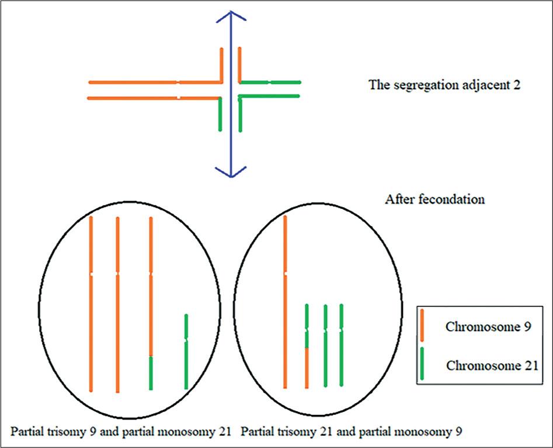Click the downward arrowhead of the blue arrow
tap(231, 172)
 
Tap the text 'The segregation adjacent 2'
tap(444, 85)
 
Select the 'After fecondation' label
tap(435, 199)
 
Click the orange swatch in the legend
tap(422, 326)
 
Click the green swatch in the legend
tap(422, 366)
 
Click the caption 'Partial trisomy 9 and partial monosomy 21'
tap(121, 432)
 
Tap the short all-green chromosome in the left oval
tap(186, 352)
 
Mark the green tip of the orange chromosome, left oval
tap(151, 373)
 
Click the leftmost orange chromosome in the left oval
tap(91, 303)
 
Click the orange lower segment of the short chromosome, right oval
tap(307, 367)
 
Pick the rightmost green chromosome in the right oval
tap(341, 345)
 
